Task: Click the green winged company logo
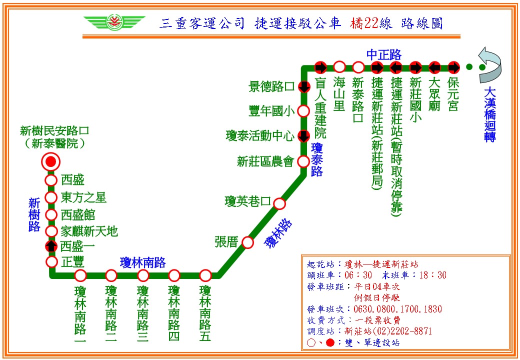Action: point(114,22)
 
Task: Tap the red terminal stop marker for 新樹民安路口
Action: point(50,162)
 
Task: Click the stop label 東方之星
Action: point(83,197)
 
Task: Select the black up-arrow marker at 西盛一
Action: point(51,246)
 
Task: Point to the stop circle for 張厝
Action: point(247,242)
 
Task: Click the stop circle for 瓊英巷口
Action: point(279,203)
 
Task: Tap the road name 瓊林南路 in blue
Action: point(142,262)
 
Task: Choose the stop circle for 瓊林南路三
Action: point(143,275)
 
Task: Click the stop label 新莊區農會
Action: point(265,161)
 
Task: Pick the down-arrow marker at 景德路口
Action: point(304,87)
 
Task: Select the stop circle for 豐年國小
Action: point(303,111)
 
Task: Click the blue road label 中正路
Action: point(384,54)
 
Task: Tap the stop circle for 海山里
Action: point(339,67)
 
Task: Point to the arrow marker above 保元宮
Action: point(453,67)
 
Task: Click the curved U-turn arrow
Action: point(490,65)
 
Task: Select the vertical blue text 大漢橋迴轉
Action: point(490,114)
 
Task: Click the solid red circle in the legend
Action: point(330,343)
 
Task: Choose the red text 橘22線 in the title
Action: point(371,23)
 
